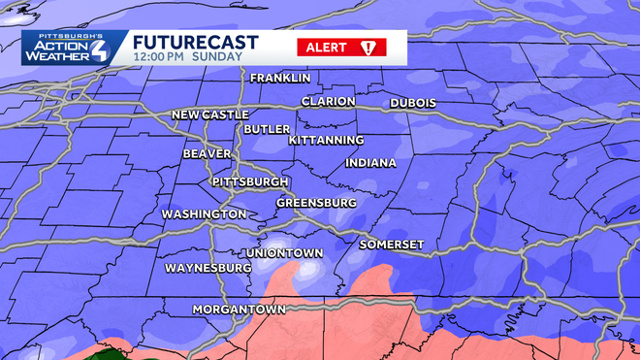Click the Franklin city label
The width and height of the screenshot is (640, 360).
tap(280, 78)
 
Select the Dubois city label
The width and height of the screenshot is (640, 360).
tap(412, 103)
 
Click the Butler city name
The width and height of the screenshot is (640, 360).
tap(266, 129)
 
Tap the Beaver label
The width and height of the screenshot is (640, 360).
tap(207, 154)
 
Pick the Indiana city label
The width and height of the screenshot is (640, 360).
tap(370, 162)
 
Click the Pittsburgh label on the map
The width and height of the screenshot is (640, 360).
tap(250, 181)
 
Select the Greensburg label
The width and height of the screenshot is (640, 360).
tap(316, 203)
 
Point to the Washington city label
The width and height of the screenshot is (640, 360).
tap(204, 213)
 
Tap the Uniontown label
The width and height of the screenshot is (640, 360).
tap(284, 253)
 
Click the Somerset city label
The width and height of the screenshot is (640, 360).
tap(392, 245)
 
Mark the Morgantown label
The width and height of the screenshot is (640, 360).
tap(239, 310)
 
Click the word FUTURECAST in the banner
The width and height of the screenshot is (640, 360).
tap(195, 42)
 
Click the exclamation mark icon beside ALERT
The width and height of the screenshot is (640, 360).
tap(368, 47)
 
